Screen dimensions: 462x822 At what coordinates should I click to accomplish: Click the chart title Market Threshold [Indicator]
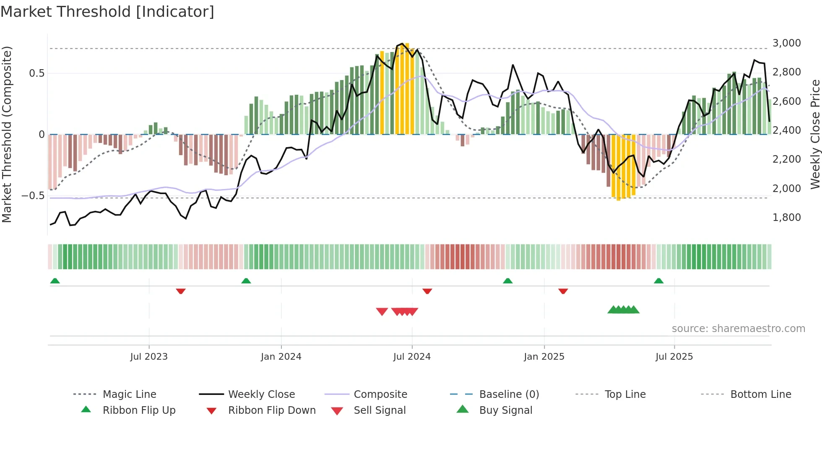pos(107,12)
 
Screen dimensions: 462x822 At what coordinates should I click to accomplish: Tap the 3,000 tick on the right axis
pos(786,43)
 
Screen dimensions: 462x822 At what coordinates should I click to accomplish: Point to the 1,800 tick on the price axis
pos(786,218)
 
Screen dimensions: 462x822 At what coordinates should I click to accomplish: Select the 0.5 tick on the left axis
pos(36,73)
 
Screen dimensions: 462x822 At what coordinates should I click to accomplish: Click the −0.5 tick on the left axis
pos(33,196)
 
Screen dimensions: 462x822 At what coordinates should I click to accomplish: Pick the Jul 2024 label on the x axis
pos(411,357)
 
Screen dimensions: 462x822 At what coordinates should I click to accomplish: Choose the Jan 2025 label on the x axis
pos(544,357)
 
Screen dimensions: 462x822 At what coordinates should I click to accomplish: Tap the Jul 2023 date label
pos(148,357)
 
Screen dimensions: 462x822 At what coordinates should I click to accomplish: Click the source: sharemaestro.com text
pos(738,329)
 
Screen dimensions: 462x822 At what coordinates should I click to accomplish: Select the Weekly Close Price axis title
pos(814,134)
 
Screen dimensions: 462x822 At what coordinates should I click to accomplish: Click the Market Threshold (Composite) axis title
pos(7,134)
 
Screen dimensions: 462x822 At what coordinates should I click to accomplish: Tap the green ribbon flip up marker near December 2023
pos(246,281)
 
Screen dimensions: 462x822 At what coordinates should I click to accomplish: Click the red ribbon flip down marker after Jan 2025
pos(563,291)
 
